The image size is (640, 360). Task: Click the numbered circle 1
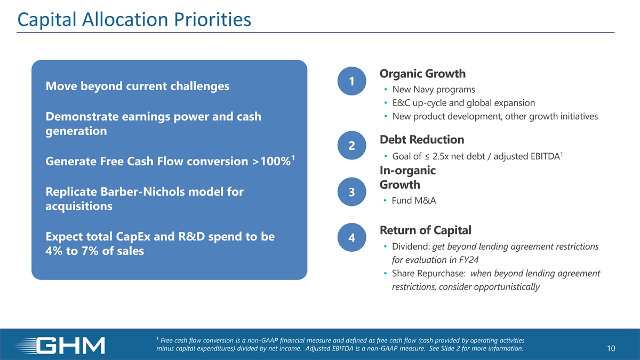pos(351,81)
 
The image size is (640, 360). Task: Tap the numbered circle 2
pos(351,146)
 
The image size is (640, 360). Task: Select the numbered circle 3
pos(351,191)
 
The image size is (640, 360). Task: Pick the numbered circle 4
pos(351,237)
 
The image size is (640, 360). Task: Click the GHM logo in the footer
pos(59,346)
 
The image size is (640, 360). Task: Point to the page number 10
pos(611,348)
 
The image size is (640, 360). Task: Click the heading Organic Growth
pos(422,74)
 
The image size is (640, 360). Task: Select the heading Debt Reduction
pos(422,139)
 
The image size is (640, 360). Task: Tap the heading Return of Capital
pos(426,230)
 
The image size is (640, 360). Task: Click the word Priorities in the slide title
pos(213,19)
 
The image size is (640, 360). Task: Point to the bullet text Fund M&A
pos(414,201)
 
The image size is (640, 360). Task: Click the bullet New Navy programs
pos(434,90)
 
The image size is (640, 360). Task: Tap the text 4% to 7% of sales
pos(94,251)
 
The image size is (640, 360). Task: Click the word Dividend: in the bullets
pos(411,246)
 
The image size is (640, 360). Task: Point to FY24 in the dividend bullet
pos(469,260)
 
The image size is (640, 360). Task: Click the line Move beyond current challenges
pos(138,86)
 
